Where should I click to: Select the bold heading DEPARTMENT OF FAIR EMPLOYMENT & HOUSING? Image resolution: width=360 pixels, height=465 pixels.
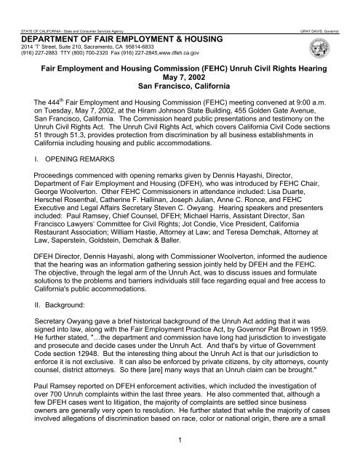[x=103, y=20]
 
